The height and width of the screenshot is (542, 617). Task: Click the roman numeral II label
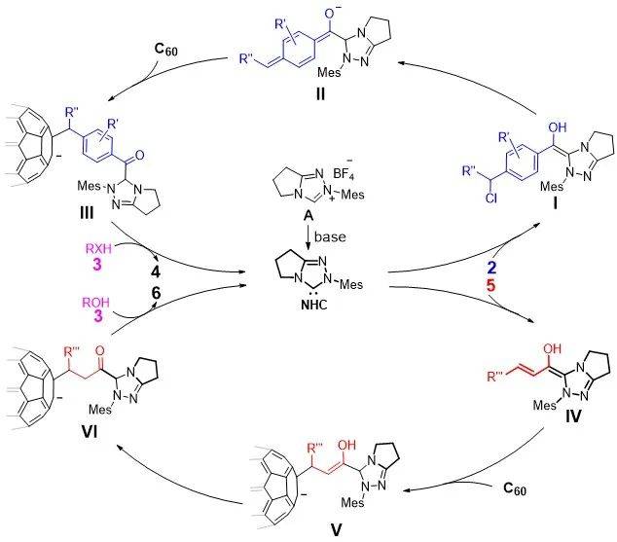pyautogui.click(x=313, y=100)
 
